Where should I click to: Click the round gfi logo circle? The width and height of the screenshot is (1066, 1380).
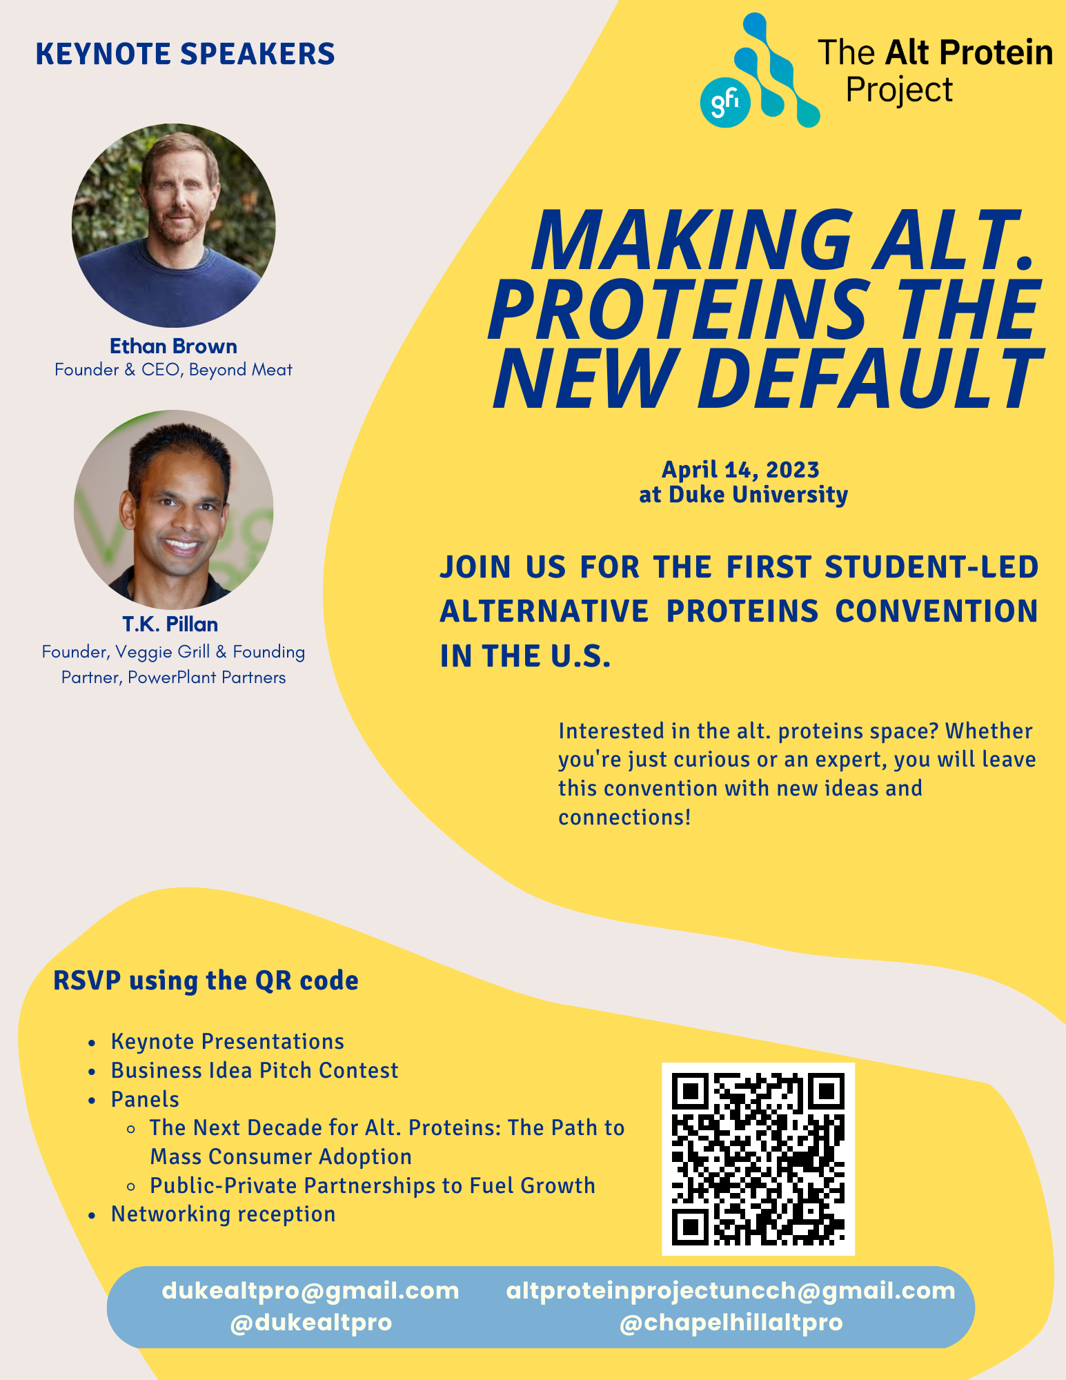725,102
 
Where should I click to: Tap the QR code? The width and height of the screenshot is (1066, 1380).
758,1159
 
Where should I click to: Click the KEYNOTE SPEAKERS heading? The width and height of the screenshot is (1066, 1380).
185,54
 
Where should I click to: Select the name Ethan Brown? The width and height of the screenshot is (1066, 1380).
173,346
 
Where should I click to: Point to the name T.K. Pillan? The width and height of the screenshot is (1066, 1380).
170,624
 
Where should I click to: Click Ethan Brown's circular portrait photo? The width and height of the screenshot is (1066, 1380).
174,226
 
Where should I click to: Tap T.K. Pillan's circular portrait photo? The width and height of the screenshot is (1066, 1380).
174,511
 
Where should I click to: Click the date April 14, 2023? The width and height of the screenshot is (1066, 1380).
740,470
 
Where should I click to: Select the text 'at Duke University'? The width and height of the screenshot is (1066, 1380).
743,495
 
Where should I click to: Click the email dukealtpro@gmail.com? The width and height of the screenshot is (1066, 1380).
310,1290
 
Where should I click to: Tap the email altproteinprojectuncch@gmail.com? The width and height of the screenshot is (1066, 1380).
731,1290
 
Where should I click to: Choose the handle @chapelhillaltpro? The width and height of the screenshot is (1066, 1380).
731,1323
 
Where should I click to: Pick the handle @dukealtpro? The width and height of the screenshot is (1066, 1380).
311,1323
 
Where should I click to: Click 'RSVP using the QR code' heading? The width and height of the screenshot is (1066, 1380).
206,980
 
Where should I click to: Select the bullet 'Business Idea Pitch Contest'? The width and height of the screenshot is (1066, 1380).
255,1070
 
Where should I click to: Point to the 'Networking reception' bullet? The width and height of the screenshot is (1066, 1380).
223,1214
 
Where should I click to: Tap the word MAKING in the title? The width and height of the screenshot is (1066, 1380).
691,240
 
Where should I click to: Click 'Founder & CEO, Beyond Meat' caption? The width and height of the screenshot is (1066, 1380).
173,370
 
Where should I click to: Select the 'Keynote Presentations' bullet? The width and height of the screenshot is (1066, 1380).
228,1041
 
